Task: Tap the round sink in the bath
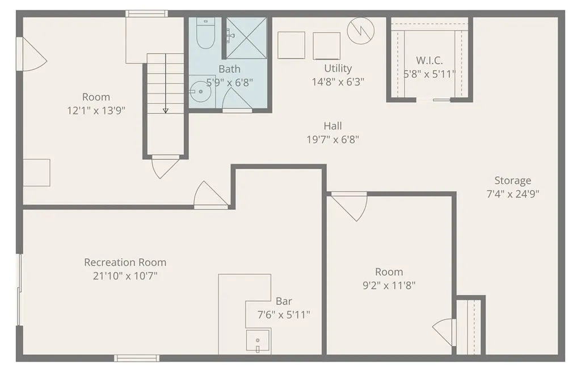(x=200, y=91)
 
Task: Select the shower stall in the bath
(x=246, y=38)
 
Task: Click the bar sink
(x=258, y=341)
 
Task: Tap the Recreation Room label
(x=125, y=262)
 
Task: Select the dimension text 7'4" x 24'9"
(x=512, y=193)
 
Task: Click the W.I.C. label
(x=429, y=60)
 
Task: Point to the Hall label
(x=332, y=126)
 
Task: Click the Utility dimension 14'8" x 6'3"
(x=338, y=81)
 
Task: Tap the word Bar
(x=284, y=301)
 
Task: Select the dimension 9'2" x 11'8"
(x=389, y=286)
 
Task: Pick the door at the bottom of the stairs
(x=165, y=166)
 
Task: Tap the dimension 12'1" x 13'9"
(x=96, y=111)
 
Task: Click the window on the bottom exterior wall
(x=136, y=358)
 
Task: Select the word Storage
(x=512, y=180)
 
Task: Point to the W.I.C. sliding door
(x=433, y=100)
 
